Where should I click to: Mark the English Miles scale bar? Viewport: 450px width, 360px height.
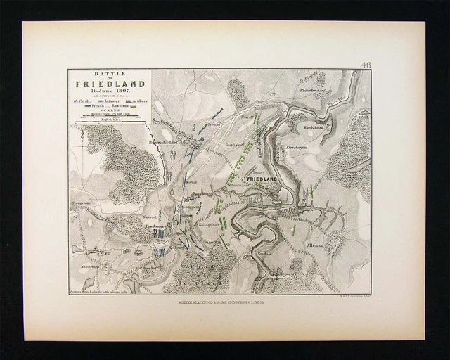pos(109,124)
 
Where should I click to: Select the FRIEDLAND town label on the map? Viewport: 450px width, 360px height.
pos(265,180)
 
